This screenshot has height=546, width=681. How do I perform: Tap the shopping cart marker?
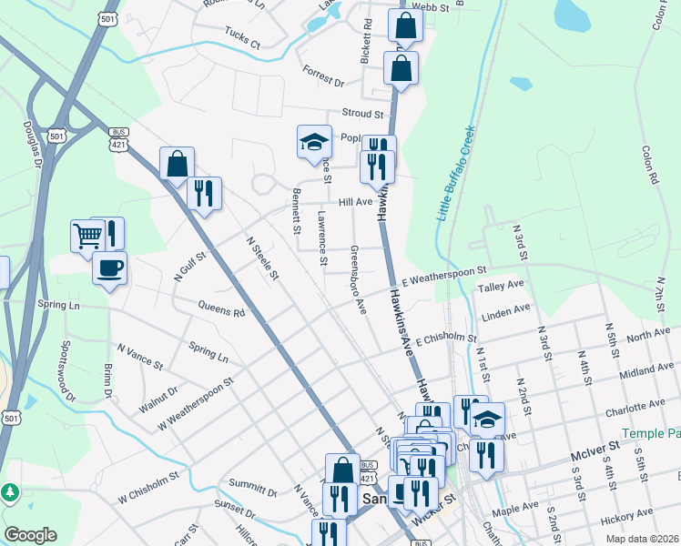[x=88, y=235]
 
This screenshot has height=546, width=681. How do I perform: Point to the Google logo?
[x=30, y=535]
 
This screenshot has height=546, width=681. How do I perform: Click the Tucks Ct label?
[x=242, y=44]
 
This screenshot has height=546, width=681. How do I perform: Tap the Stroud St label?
[x=362, y=114]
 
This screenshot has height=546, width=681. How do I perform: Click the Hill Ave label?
[x=356, y=202]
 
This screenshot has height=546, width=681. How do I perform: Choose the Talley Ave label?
[x=502, y=287]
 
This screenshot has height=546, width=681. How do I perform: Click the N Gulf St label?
[x=190, y=265]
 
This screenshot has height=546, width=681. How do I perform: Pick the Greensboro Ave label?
[x=358, y=279]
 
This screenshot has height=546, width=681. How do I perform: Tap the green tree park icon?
[x=10, y=492]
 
